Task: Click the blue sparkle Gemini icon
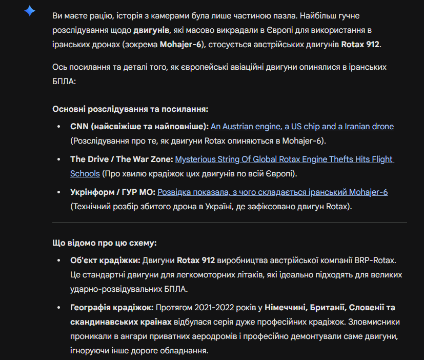(30, 11)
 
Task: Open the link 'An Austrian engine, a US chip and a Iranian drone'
(302, 126)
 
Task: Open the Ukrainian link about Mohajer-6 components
(272, 192)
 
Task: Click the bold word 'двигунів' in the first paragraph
(150, 30)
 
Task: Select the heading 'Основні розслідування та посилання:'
(130, 109)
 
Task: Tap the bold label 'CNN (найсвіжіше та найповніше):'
(139, 126)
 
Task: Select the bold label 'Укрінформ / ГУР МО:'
(112, 192)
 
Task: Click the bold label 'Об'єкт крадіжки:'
(105, 260)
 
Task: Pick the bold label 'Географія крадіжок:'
(112, 308)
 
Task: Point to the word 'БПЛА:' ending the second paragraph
(64, 81)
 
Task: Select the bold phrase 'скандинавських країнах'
(121, 322)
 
